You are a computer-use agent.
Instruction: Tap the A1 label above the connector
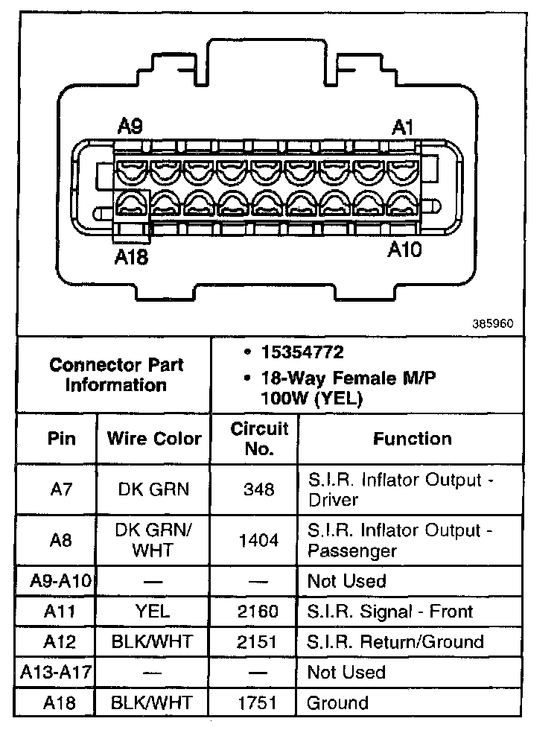tap(403, 127)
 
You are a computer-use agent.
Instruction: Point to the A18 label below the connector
tap(131, 257)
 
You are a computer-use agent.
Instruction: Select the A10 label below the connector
tap(404, 249)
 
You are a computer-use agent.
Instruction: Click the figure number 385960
tap(492, 325)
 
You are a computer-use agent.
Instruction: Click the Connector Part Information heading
tap(116, 375)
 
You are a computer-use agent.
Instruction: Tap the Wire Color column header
tap(154, 438)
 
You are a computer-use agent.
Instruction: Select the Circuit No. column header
tap(259, 439)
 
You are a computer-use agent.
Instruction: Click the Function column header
tap(412, 439)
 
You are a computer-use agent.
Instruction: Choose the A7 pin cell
tap(62, 489)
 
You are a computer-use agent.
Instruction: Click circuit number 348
tap(259, 489)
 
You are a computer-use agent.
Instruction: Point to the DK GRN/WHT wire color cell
tap(154, 540)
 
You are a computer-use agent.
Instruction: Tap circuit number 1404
tap(259, 541)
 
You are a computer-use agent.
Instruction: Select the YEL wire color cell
tap(153, 612)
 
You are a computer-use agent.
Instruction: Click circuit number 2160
tap(259, 612)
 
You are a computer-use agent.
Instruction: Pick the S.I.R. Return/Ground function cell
tap(395, 642)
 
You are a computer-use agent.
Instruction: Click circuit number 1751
tap(259, 702)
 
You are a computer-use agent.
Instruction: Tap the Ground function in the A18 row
tap(338, 702)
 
